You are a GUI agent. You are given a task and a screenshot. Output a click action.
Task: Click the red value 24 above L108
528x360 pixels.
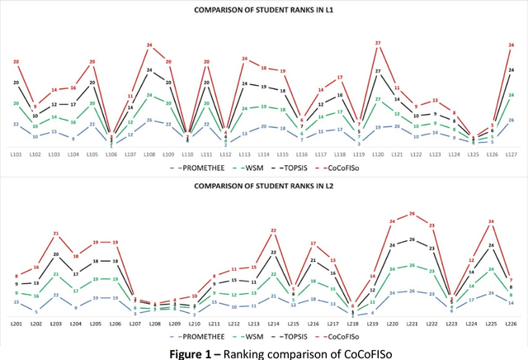point(149,45)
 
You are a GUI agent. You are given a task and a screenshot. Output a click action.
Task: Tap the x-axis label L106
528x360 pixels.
point(111,154)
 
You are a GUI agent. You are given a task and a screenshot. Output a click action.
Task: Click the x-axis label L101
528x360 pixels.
point(16,154)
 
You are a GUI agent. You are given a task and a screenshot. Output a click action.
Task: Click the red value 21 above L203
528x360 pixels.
point(56,234)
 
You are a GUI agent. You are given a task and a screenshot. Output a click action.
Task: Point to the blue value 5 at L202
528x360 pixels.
point(36,311)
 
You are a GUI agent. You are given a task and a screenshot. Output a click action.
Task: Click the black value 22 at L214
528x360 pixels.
point(274,252)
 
